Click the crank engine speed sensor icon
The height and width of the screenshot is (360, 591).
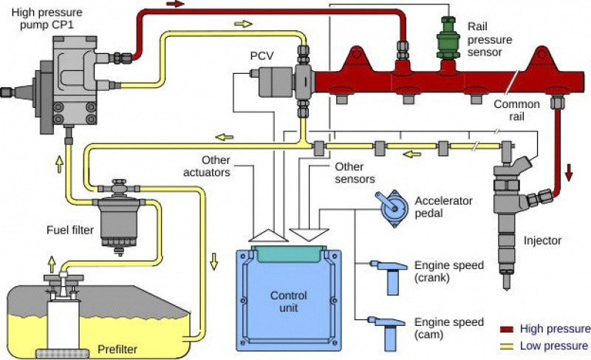click(390, 272)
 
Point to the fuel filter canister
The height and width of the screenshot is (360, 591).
click(118, 214)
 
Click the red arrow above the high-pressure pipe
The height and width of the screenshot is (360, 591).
click(176, 4)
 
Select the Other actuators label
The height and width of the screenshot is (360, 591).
click(209, 166)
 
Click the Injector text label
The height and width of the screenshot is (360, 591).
click(542, 240)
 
